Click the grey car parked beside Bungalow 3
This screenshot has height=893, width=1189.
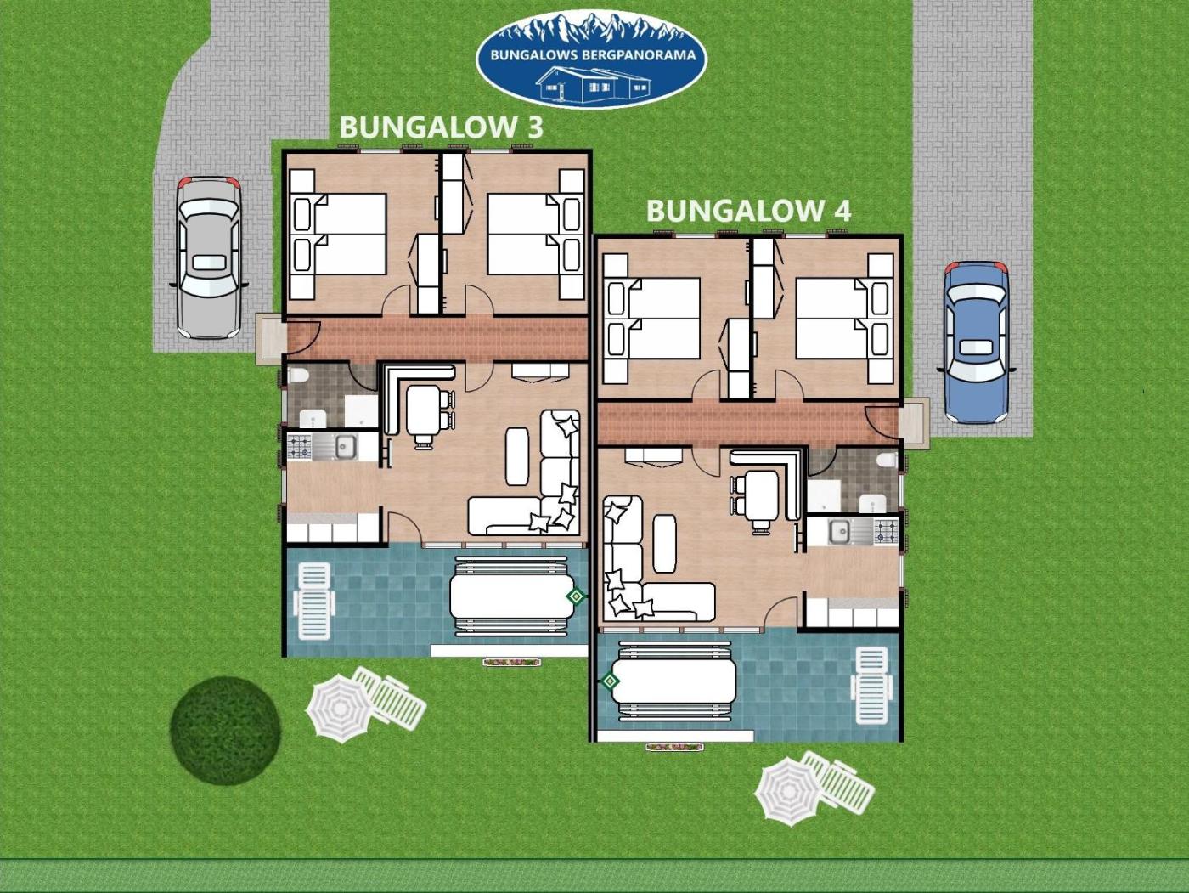pyautogui.click(x=209, y=257)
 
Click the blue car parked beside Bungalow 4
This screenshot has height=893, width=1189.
pyautogui.click(x=976, y=342)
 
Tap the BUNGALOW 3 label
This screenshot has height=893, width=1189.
pyautogui.click(x=441, y=127)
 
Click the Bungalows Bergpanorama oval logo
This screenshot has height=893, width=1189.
pyautogui.click(x=591, y=59)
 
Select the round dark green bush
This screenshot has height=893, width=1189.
pyautogui.click(x=225, y=729)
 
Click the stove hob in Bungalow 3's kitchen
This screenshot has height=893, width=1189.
pyautogui.click(x=299, y=447)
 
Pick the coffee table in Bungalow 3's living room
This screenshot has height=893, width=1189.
pyautogui.click(x=517, y=456)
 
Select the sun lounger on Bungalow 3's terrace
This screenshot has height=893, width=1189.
pyautogui.click(x=313, y=601)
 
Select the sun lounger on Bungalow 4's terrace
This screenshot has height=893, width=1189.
pyautogui.click(x=871, y=686)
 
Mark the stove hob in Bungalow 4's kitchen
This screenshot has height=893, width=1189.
pyautogui.click(x=886, y=531)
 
